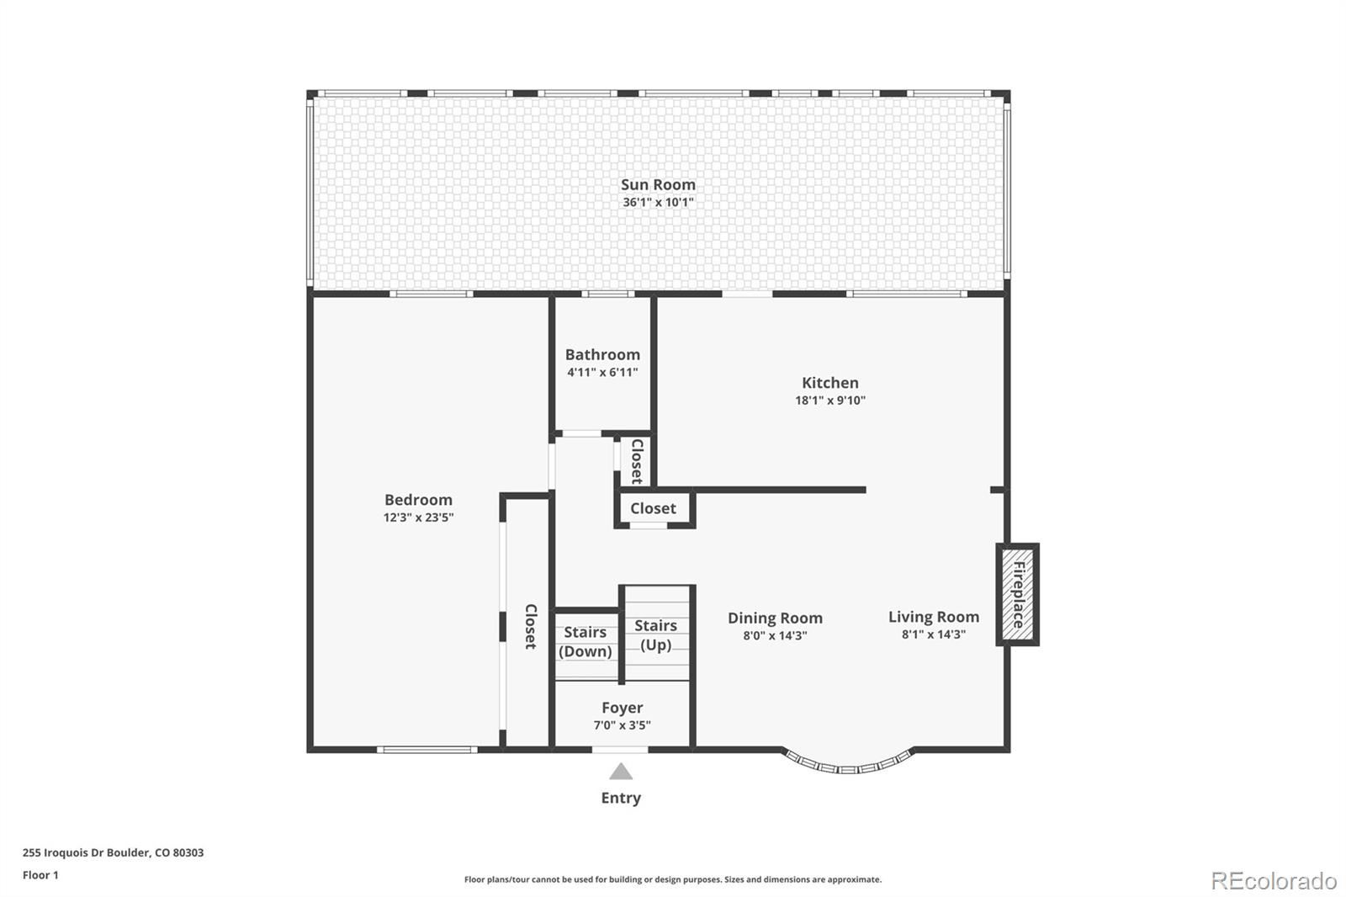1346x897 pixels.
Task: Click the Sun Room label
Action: click(658, 184)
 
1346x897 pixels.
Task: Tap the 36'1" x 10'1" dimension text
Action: click(658, 203)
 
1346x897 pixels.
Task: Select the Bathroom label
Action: click(602, 354)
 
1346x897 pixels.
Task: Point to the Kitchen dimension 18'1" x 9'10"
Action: click(830, 401)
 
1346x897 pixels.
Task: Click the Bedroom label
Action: click(418, 500)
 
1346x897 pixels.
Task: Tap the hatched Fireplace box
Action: click(1018, 595)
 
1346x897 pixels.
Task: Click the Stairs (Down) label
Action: click(586, 641)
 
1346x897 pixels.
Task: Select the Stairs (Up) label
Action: click(655, 635)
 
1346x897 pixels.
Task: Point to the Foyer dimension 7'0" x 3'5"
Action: click(622, 725)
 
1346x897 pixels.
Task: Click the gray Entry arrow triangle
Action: click(621, 772)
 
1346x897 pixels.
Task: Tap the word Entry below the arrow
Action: click(621, 798)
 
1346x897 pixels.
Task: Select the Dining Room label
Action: click(775, 618)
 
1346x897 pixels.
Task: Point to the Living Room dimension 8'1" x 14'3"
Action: click(934, 635)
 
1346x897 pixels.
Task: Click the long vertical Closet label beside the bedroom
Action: click(530, 626)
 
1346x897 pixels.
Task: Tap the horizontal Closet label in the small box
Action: click(653, 508)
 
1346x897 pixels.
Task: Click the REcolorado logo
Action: click(1274, 880)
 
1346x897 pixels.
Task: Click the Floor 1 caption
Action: click(40, 875)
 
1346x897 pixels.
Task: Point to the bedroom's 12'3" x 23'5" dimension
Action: click(418, 518)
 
